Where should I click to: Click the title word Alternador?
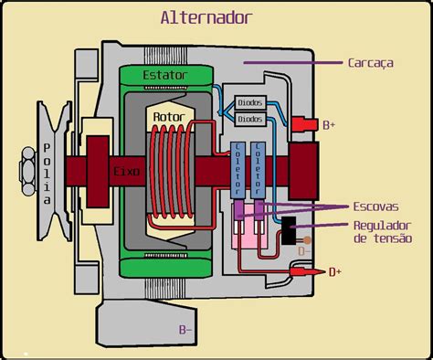(206, 17)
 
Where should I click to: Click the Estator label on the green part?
(167, 73)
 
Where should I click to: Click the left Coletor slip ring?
(240, 170)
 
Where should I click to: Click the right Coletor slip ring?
(259, 170)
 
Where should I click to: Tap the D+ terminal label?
(336, 271)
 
